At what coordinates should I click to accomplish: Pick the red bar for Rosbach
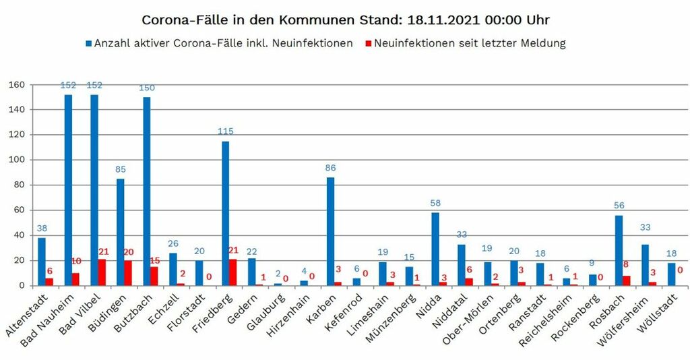coord(627,280)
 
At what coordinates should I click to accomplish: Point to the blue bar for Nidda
coord(435,249)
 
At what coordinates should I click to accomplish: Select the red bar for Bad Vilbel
coord(102,272)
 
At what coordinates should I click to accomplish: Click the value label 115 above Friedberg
coord(225,131)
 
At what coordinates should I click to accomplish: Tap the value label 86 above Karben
coord(330,168)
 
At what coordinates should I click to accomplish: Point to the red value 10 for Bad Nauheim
coord(77,261)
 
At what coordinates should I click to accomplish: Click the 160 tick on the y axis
coord(16,85)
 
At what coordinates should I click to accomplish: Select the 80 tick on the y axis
coord(19,185)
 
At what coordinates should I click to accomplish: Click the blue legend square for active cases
coord(88,44)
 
